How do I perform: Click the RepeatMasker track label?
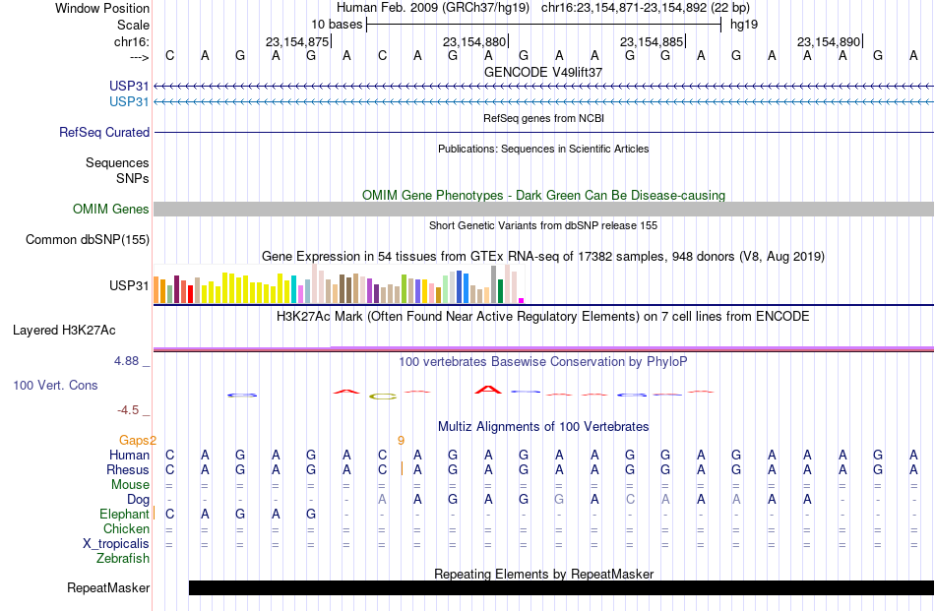point(108,587)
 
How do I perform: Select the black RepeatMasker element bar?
point(561,587)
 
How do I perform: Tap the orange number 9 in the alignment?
point(401,441)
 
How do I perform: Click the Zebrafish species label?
point(123,559)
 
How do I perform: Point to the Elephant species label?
point(124,514)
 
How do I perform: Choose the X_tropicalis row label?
point(116,544)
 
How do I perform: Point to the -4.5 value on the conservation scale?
point(128,410)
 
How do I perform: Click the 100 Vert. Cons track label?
point(55,385)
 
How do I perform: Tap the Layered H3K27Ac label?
point(64,331)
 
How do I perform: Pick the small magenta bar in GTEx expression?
point(522,301)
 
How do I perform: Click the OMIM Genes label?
point(111,210)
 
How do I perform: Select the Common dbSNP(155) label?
point(88,240)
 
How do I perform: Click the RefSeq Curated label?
point(104,132)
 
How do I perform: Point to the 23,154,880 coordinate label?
point(474,41)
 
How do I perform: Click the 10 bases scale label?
point(337,25)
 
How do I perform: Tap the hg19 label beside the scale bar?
point(744,25)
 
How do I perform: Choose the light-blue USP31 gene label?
point(129,102)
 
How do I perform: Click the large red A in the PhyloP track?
point(488,390)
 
